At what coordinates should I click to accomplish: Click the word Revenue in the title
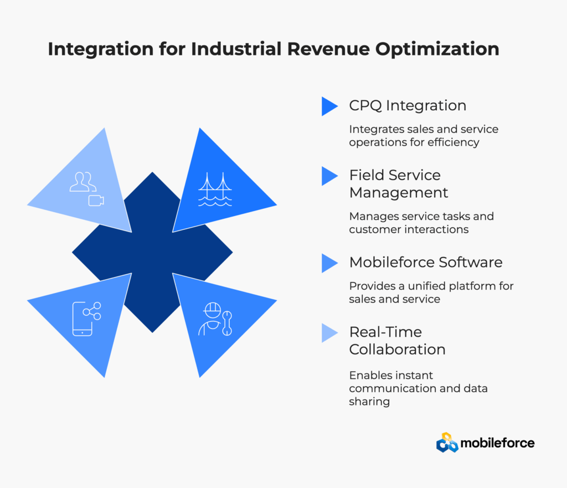pyautogui.click(x=328, y=49)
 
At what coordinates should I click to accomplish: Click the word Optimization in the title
pyautogui.click(x=437, y=49)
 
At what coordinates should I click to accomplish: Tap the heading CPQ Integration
pyautogui.click(x=408, y=106)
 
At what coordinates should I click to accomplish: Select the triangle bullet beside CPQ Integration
pyautogui.click(x=329, y=106)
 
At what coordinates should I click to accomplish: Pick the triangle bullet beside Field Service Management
pyautogui.click(x=329, y=176)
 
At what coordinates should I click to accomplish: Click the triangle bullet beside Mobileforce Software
pyautogui.click(x=329, y=263)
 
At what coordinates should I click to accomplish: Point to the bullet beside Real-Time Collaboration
pyautogui.click(x=329, y=333)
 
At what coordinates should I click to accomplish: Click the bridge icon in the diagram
pyautogui.click(x=215, y=189)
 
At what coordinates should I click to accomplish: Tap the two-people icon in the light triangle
pyautogui.click(x=83, y=182)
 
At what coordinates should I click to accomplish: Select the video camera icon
pyautogui.click(x=96, y=201)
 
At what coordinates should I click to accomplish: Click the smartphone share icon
pyautogui.click(x=86, y=319)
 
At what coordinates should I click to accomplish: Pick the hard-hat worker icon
pyautogui.click(x=210, y=319)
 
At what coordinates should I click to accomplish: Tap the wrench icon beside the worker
pyautogui.click(x=227, y=323)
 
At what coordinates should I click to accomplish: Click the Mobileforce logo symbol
pyautogui.click(x=447, y=443)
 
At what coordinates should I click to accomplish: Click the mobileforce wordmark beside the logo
pyautogui.click(x=498, y=443)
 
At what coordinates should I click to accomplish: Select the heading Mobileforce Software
pyautogui.click(x=426, y=262)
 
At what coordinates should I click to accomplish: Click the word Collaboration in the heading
pyautogui.click(x=397, y=350)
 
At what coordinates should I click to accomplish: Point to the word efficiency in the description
pyautogui.click(x=453, y=142)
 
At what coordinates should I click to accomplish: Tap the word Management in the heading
pyautogui.click(x=399, y=193)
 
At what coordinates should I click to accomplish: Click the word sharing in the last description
pyautogui.click(x=369, y=402)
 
